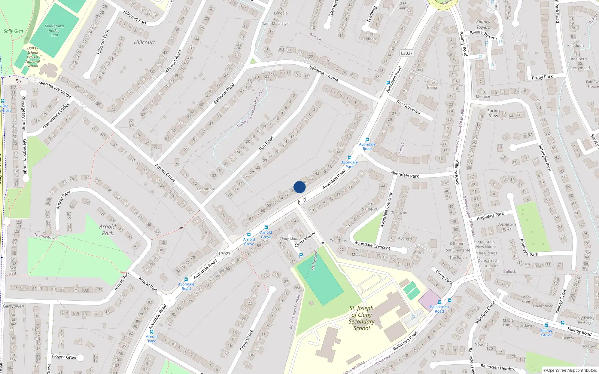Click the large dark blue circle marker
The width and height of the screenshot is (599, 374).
click(299, 187)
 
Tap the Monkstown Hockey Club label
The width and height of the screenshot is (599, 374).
click(54, 31)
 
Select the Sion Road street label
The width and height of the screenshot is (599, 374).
click(266, 144)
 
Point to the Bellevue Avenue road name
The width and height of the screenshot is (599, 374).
click(324, 73)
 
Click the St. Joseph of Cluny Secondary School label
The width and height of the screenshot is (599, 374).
click(362, 318)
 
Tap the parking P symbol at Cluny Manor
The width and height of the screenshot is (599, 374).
click(301, 256)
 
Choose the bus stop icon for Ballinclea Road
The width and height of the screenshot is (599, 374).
click(439, 302)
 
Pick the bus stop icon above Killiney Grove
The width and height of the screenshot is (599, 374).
click(546, 325)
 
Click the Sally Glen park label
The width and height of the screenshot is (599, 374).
click(13, 31)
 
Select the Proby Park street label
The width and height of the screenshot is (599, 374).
click(542, 77)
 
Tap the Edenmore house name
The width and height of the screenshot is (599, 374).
click(206, 189)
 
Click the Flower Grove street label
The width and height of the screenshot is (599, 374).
click(65, 357)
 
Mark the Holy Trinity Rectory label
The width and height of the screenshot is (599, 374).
click(584, 320)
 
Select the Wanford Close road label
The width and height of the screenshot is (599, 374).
click(485, 312)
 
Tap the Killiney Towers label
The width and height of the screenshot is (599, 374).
click(483, 25)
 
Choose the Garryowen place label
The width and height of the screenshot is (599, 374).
click(13, 306)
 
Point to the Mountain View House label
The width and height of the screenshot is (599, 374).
click(486, 244)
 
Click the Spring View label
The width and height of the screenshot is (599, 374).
click(493, 113)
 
